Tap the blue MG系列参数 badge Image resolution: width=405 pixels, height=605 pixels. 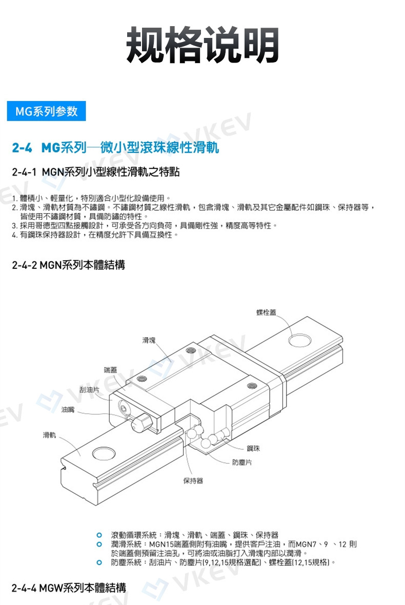[x=46, y=111]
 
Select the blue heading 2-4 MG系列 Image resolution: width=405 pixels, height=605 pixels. [x=116, y=149]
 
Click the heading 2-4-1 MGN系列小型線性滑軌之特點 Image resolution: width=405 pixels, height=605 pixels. [x=96, y=172]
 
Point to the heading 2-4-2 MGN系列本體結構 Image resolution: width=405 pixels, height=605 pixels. [x=68, y=265]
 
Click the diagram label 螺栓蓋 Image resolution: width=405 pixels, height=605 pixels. [x=269, y=312]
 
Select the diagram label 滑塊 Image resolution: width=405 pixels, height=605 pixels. [x=150, y=340]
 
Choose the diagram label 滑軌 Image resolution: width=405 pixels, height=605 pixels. [x=50, y=435]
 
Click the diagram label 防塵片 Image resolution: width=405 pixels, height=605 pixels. [x=241, y=462]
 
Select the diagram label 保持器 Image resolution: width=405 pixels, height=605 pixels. [x=193, y=481]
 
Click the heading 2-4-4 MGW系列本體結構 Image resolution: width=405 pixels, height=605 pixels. [x=69, y=587]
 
